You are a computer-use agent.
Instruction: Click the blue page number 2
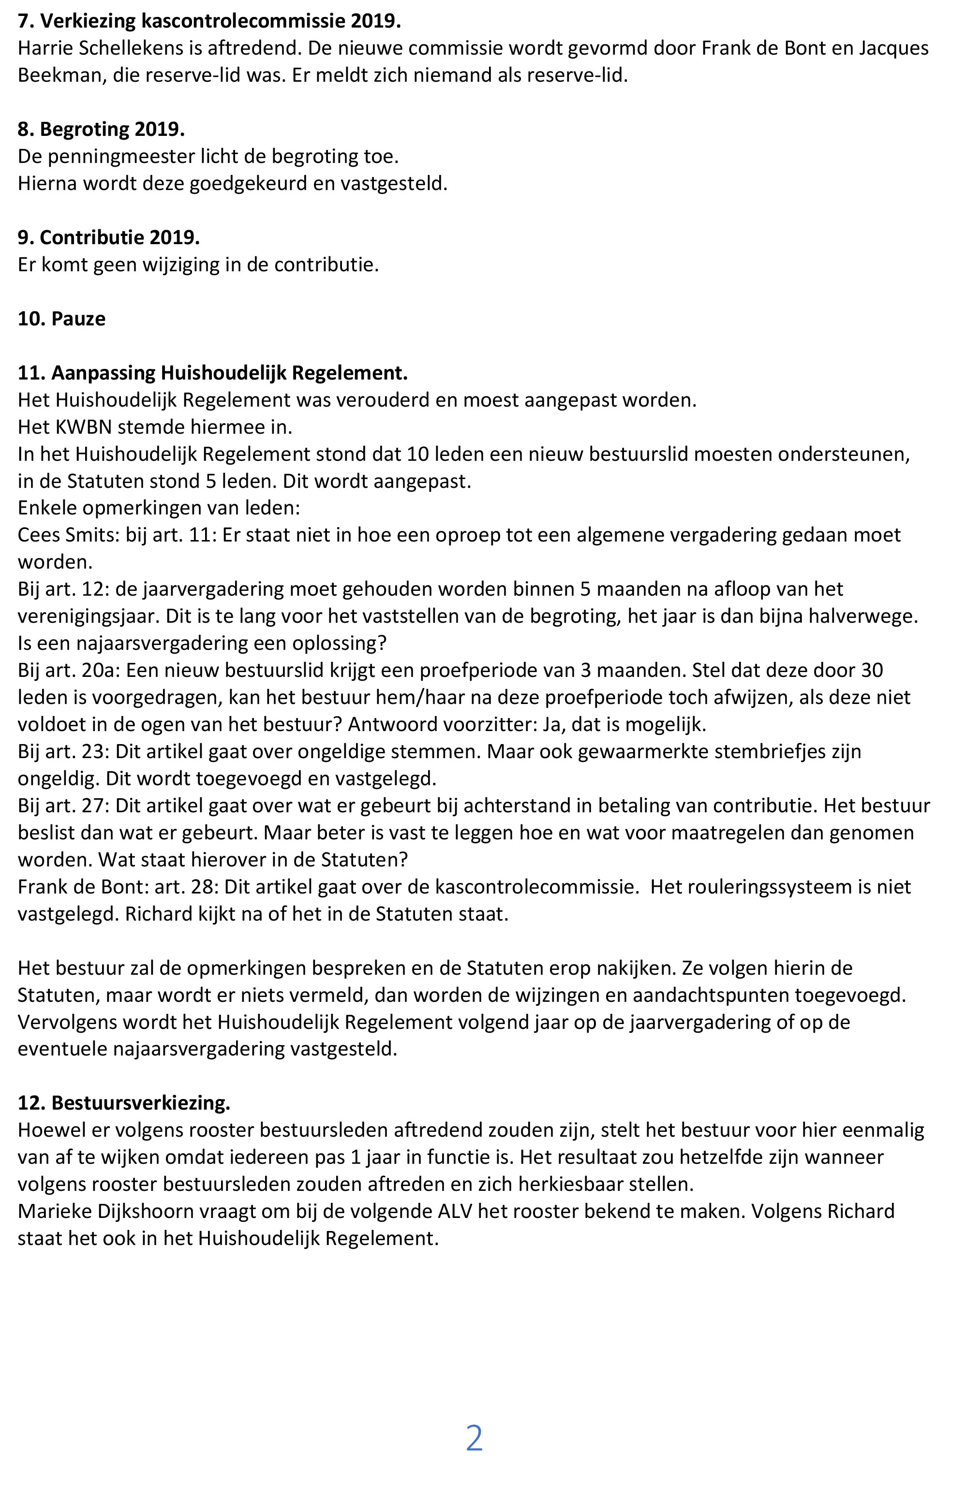tap(474, 1438)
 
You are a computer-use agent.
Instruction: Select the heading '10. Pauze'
tap(61, 319)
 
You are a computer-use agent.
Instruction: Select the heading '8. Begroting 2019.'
tap(101, 129)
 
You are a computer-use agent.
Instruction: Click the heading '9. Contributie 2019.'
tap(108, 238)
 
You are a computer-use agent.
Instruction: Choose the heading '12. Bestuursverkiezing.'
tap(123, 1102)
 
